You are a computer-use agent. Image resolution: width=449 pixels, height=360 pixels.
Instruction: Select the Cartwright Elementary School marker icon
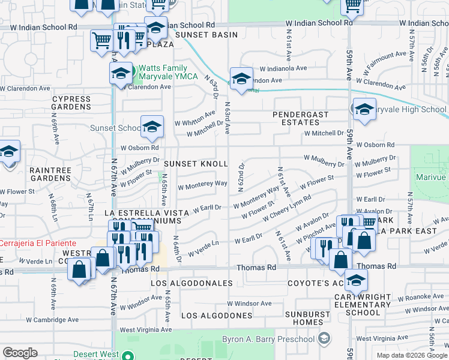tap(356, 280)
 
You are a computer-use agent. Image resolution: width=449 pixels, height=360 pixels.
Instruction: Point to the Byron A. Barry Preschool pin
tap(325, 339)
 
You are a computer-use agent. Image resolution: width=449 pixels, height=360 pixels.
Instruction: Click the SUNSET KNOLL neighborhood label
tap(196, 164)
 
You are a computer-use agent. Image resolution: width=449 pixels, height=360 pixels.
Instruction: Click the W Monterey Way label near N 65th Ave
tap(202, 184)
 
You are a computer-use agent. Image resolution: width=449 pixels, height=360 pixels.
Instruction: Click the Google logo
tap(20, 353)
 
